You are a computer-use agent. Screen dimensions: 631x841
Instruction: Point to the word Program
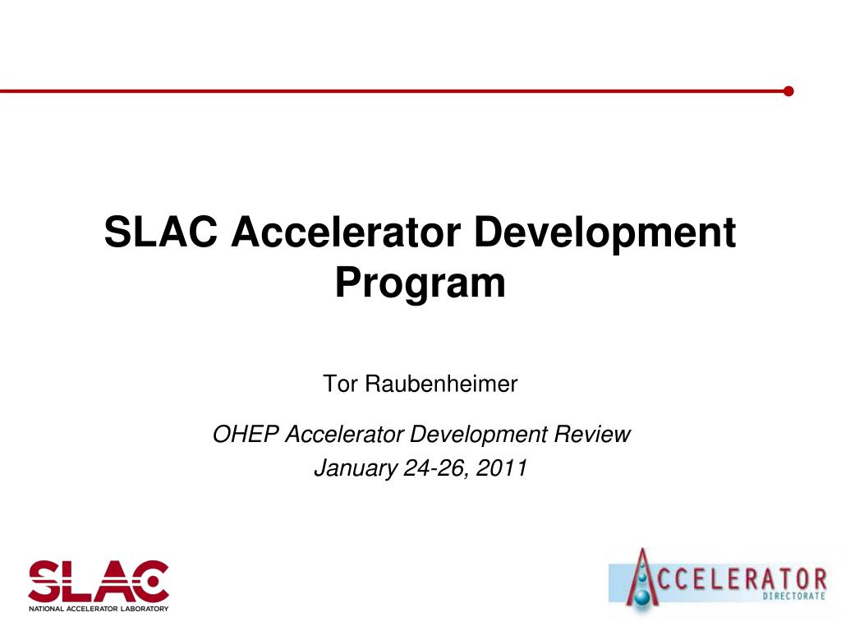pos(420,282)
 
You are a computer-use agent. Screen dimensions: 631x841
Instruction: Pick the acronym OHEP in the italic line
pos(246,434)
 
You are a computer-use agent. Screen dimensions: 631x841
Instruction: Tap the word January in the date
pos(356,468)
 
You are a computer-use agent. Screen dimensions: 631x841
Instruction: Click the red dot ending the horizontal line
pos(788,91)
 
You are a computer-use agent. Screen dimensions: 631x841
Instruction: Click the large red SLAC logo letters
pos(98,580)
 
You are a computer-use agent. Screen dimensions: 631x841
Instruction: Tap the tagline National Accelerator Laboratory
pos(99,609)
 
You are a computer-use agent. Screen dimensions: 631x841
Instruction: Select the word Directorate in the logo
pos(793,596)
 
